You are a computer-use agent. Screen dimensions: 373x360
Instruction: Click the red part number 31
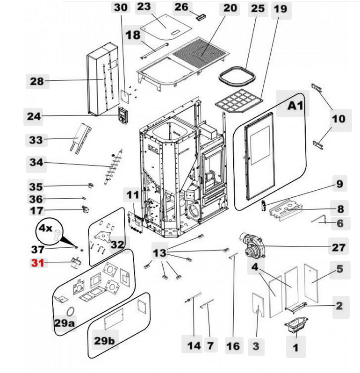(x=37, y=263)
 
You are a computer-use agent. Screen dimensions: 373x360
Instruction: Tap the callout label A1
(x=295, y=106)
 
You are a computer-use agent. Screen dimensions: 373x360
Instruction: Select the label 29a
(x=64, y=323)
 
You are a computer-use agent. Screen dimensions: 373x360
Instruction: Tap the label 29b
(x=104, y=341)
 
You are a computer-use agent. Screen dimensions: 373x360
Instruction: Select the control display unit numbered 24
(x=123, y=115)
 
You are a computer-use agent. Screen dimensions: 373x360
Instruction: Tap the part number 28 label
(x=37, y=81)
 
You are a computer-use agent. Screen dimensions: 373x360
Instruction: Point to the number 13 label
(x=160, y=253)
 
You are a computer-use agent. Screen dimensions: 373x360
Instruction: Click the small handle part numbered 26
(x=202, y=17)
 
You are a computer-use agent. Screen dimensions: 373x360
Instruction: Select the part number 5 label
(x=339, y=268)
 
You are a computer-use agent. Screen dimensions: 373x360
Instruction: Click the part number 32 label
(x=118, y=244)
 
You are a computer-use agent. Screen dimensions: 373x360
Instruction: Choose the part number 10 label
(x=338, y=119)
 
